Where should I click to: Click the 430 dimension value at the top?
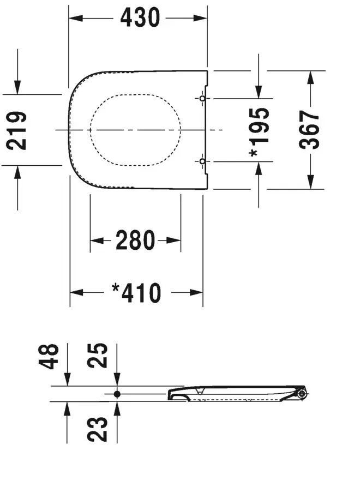pyautogui.click(x=140, y=19)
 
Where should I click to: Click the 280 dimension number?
pyautogui.click(x=135, y=240)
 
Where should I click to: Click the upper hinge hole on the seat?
pyautogui.click(x=202, y=99)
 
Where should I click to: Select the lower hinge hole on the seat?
pyautogui.click(x=202, y=161)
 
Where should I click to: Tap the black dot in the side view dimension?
pyautogui.click(x=117, y=394)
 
